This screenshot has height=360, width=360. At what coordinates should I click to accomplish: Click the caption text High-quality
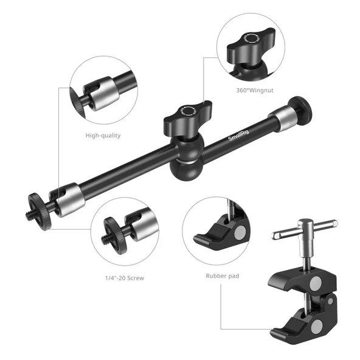pos(102,136)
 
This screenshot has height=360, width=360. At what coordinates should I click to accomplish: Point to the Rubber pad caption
pos(222,275)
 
